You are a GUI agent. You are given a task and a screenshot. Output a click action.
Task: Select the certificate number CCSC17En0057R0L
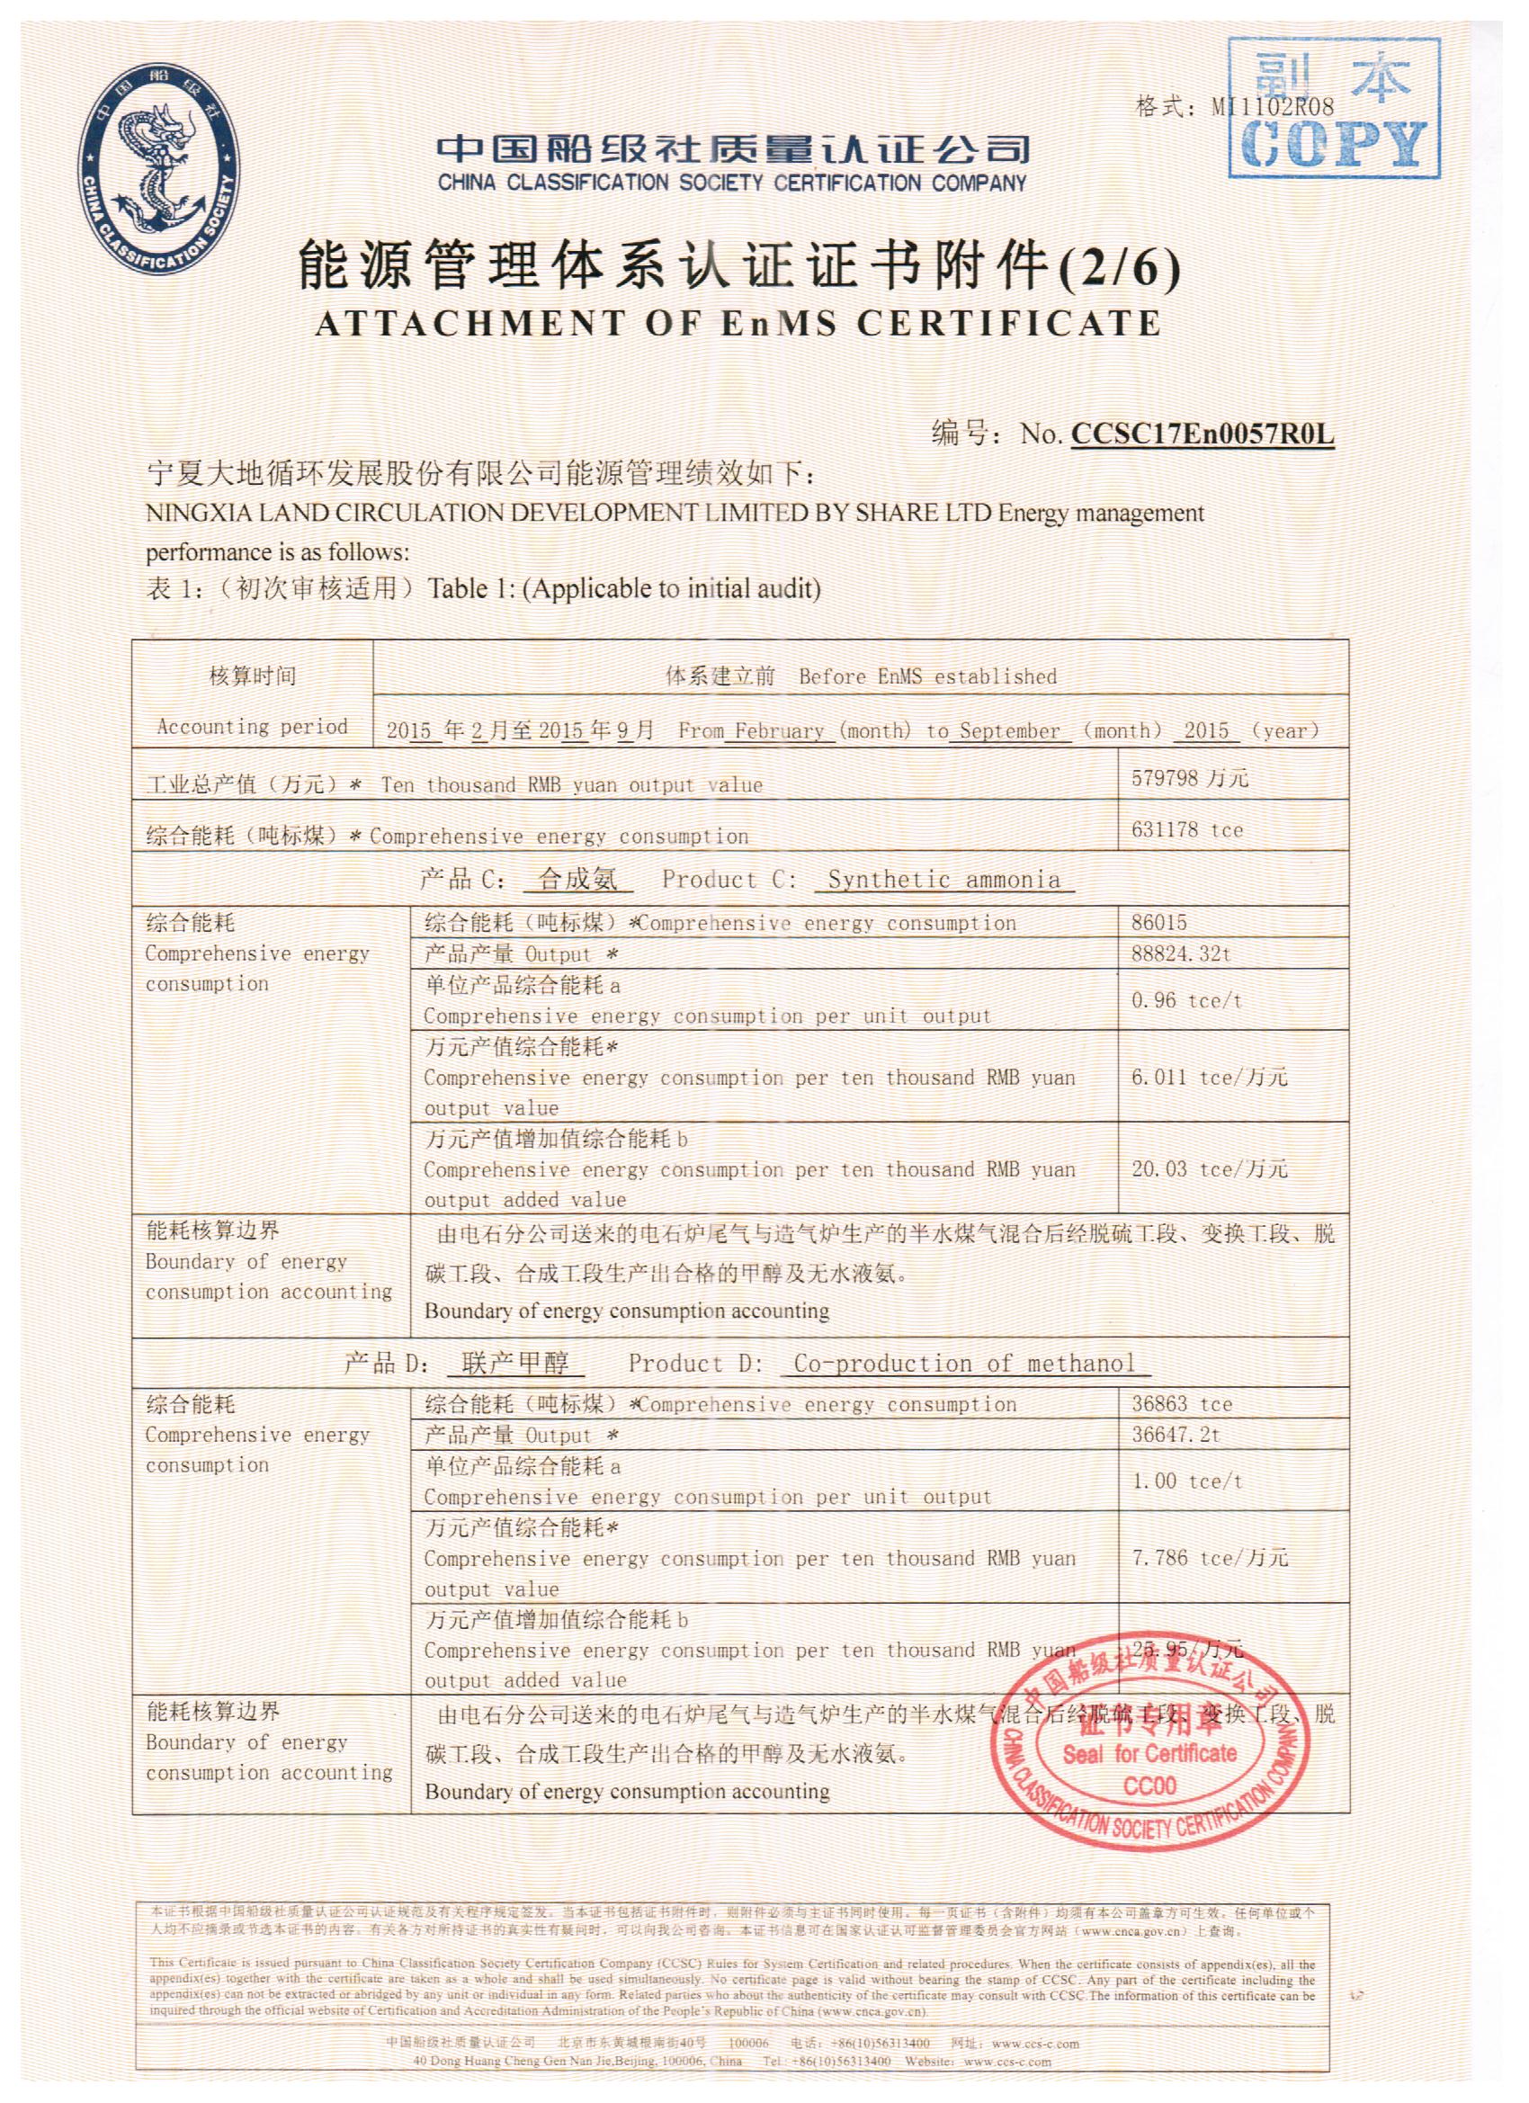click(1202, 434)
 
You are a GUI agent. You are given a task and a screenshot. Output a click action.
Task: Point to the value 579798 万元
click(1189, 778)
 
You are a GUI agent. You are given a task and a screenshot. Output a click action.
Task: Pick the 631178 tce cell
click(1186, 830)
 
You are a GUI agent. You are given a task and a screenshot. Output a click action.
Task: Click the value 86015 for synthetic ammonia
click(1158, 923)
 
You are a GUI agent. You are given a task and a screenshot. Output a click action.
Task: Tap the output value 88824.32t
click(1180, 953)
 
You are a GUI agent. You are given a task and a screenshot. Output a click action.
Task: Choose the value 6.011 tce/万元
click(1208, 1077)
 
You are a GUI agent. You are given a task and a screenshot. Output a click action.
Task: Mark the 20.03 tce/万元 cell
click(1208, 1168)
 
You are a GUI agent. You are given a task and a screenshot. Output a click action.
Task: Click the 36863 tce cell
click(1181, 1404)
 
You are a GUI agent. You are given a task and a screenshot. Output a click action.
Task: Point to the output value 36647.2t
click(1175, 1435)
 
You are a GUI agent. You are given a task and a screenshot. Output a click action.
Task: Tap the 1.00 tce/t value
click(1186, 1481)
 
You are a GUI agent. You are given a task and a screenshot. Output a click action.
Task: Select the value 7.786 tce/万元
click(1208, 1558)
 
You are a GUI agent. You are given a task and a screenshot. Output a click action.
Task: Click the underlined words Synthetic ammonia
click(943, 880)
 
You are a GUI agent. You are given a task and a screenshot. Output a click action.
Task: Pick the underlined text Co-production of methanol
click(963, 1363)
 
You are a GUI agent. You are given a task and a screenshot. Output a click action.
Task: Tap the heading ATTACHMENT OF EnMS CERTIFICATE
click(738, 324)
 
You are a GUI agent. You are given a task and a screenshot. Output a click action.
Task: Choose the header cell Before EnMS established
click(860, 676)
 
